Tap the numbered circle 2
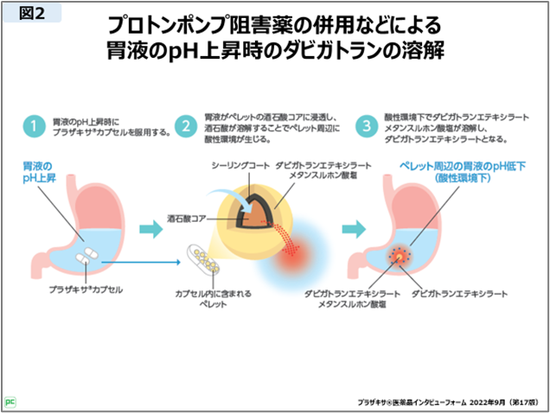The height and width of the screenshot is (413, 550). [x=185, y=126]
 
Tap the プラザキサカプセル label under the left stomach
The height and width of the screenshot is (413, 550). [x=86, y=289]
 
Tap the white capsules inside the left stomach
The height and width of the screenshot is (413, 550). [x=87, y=256]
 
